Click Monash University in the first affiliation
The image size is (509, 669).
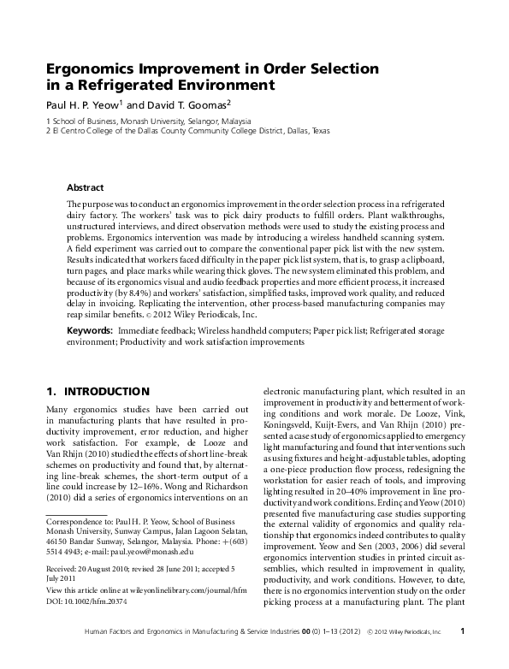pyautogui.click(x=145, y=121)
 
